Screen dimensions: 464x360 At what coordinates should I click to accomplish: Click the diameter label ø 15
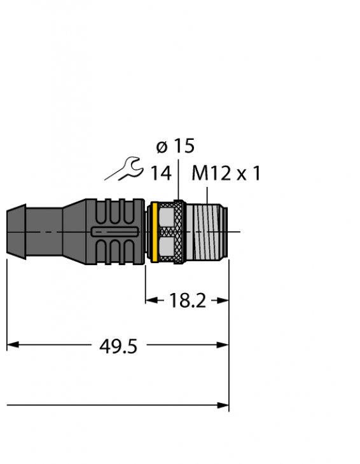pos(175,147)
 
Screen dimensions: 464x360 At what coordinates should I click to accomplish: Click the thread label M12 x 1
pos(226,174)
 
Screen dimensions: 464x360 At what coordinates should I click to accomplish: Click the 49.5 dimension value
pos(118,346)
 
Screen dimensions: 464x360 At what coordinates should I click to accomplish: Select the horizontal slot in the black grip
pos(114,232)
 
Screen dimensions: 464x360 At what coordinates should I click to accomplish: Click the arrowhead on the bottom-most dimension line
pos(223,404)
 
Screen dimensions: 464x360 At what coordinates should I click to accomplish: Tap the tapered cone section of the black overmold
pos(75,232)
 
